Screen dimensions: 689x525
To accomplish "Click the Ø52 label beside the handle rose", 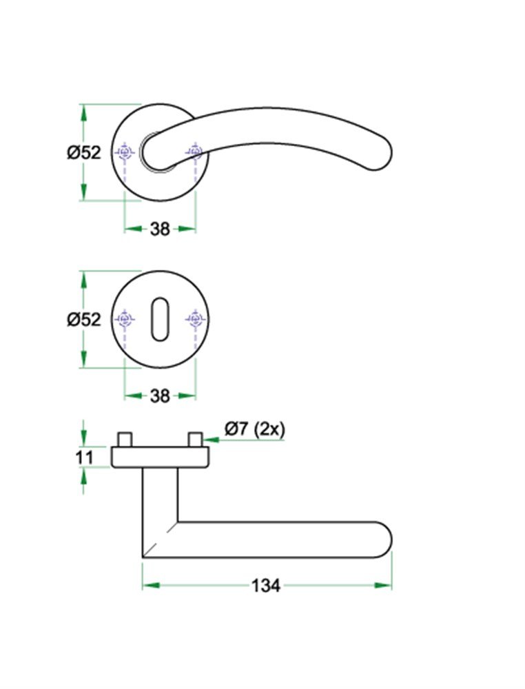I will (84, 152).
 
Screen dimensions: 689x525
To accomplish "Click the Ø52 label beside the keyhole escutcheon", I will (84, 319).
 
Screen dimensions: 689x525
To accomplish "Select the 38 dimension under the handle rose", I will (159, 229).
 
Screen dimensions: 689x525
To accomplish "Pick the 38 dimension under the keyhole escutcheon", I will (159, 395).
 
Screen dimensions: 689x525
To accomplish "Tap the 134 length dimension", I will (265, 586).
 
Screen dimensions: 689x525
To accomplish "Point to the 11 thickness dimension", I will (83, 457).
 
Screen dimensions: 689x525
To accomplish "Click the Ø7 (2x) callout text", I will (254, 429).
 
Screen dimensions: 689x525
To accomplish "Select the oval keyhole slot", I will (159, 319).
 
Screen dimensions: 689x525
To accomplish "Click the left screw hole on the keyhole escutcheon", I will (124, 319).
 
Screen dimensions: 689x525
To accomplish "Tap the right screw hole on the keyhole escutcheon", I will (195, 319).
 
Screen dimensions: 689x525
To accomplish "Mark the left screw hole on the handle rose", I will (124, 152).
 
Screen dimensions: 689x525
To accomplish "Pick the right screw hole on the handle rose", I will (195, 152).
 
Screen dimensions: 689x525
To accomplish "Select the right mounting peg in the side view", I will (195, 439).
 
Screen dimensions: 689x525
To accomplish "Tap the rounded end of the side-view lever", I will (382, 539).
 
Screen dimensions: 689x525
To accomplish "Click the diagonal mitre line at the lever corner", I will (160, 539).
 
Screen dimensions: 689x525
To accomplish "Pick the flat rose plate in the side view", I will (159, 456).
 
